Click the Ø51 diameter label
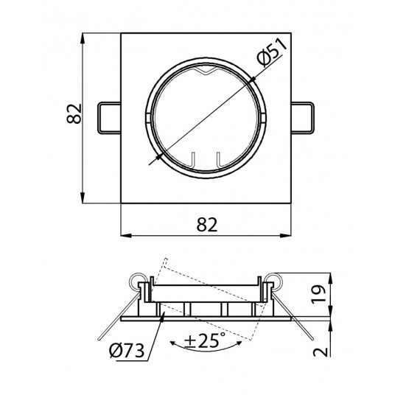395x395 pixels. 272,53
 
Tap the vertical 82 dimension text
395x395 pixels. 74,113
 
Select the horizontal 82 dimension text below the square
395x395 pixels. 206,225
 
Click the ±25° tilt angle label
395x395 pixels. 205,340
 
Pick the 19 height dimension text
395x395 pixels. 319,294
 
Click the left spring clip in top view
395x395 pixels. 109,117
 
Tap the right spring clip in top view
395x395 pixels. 303,117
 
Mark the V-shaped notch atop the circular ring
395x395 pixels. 206,71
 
